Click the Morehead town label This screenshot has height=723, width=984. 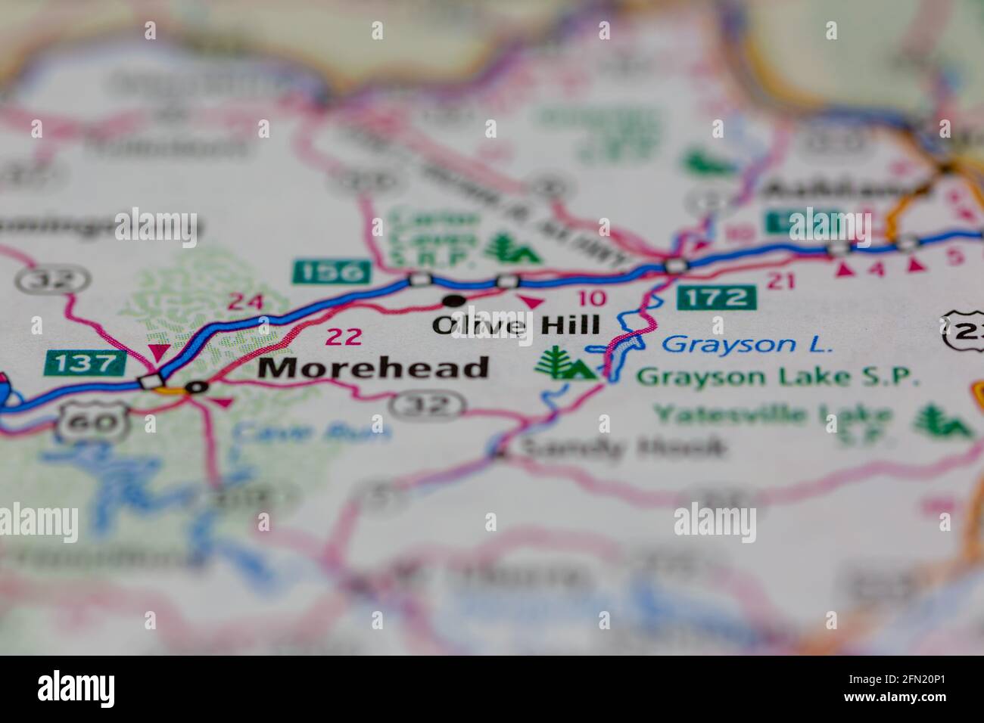374,368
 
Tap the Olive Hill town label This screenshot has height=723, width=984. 515,325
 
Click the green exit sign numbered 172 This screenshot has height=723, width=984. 717,296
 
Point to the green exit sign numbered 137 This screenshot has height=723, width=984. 85,363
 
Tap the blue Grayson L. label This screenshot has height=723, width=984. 746,345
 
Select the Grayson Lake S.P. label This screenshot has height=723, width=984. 777,376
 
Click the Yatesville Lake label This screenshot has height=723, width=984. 773,414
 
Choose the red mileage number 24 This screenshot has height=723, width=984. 246,303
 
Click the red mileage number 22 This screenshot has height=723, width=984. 343,337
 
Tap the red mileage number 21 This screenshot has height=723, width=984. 780,281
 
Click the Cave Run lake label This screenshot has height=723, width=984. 313,432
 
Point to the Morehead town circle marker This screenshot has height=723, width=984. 198,387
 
